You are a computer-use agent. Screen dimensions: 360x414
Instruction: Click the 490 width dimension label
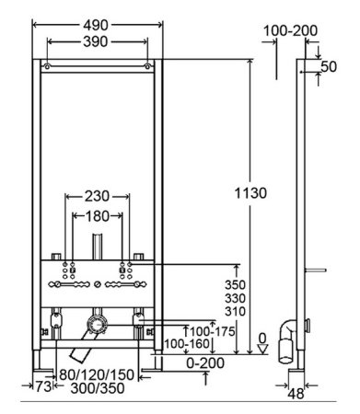click(96, 25)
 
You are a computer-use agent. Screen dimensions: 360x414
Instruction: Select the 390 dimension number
click(96, 41)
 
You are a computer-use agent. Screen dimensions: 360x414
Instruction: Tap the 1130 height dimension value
click(250, 193)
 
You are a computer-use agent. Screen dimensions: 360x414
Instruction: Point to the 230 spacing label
click(97, 196)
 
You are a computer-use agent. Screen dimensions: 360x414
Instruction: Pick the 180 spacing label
click(97, 216)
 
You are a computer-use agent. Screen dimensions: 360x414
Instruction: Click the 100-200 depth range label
click(290, 30)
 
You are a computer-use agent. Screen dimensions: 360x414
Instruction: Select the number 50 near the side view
click(329, 66)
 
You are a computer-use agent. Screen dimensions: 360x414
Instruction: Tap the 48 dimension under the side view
click(296, 394)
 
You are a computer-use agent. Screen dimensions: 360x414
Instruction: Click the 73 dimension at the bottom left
click(43, 386)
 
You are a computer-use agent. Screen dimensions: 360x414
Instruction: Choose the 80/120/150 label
click(97, 374)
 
